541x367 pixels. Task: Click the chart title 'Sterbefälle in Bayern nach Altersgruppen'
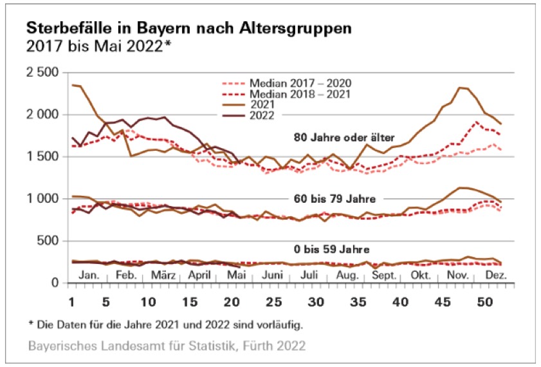coord(188,29)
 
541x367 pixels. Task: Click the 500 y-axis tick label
coord(48,241)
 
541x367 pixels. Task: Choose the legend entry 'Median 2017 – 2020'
coord(286,83)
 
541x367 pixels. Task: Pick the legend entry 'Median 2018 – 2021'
coord(286,94)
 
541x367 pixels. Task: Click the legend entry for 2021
coord(261,104)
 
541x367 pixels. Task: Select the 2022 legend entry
coord(261,115)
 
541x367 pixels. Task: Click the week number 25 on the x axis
coord(275,301)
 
